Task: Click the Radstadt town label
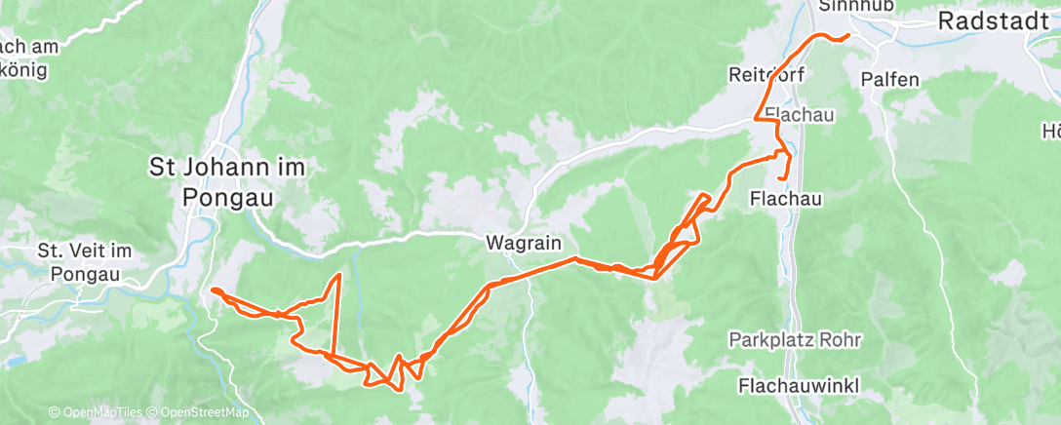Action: tap(995, 21)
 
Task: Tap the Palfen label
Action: tap(890, 79)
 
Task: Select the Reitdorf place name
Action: tap(768, 74)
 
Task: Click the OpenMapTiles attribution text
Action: tap(96, 413)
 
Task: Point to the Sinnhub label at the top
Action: tap(844, 5)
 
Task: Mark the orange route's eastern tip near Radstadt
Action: tap(848, 36)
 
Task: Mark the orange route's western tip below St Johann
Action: tap(212, 290)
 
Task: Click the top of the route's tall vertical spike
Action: tap(339, 276)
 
